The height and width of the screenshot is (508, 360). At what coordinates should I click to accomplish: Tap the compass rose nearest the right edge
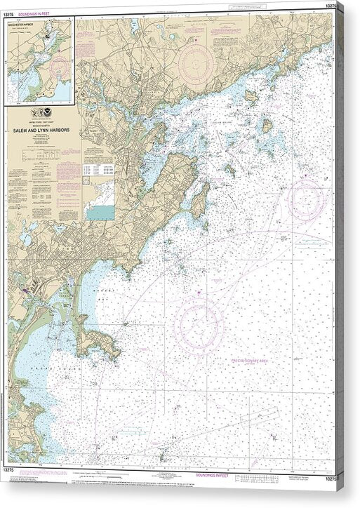pyautogui.click(x=306, y=199)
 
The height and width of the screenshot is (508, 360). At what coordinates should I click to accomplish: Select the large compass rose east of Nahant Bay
pyautogui.click(x=199, y=324)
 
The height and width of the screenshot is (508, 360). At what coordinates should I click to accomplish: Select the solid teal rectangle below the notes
pyautogui.click(x=100, y=212)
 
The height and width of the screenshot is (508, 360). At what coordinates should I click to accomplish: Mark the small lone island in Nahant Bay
pyautogui.click(x=126, y=324)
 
